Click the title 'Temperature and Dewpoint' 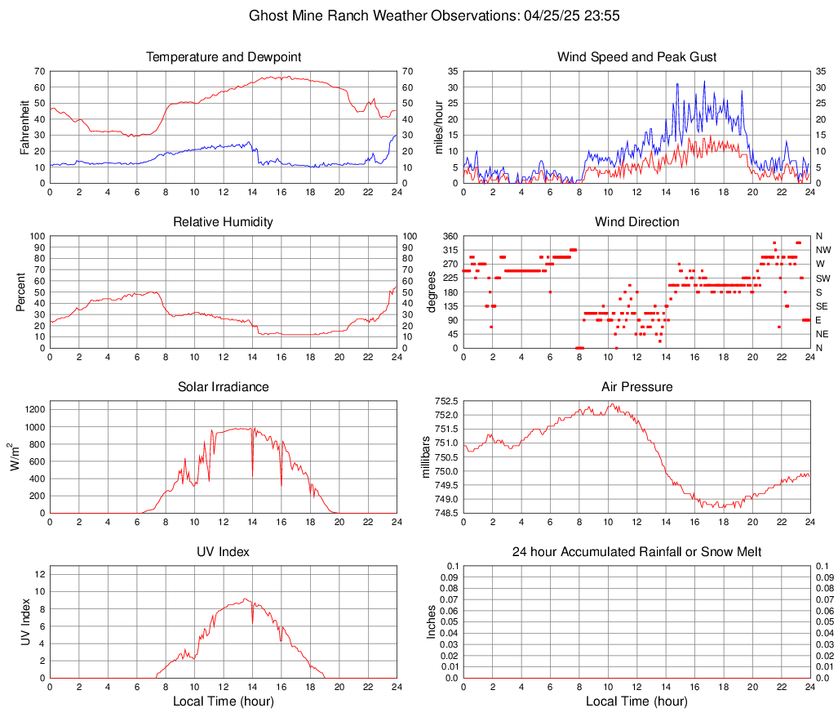(x=223, y=57)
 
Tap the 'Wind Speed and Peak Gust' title (x=636, y=57)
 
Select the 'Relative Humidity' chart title (x=223, y=222)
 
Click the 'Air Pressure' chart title (x=636, y=387)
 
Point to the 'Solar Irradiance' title (x=223, y=387)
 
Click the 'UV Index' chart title (x=223, y=552)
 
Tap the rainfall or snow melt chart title (x=636, y=552)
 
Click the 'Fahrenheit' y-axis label (x=25, y=127)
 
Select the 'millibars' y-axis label (x=425, y=456)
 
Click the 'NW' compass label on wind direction (x=823, y=250)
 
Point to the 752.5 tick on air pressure (x=446, y=401)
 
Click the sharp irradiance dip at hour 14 (x=252, y=472)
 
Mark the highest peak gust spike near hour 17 (x=704, y=82)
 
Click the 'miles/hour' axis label (x=439, y=127)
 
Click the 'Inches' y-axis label (x=432, y=621)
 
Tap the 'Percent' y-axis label (x=20, y=292)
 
